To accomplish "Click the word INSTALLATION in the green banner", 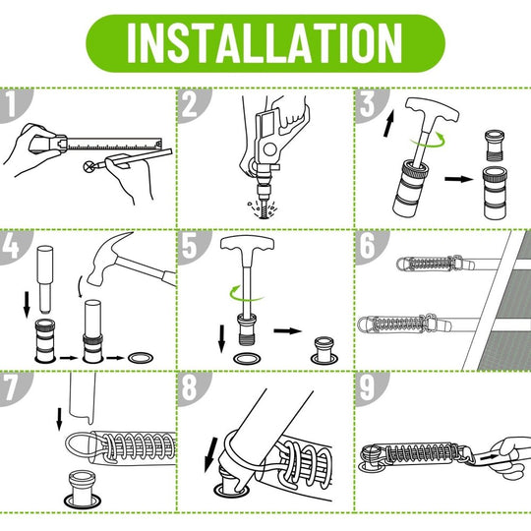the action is pyautogui.click(x=265, y=43).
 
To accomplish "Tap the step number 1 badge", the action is pyautogui.click(x=14, y=104).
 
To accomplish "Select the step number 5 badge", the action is pyautogui.click(x=192, y=246).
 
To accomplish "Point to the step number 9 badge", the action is pyautogui.click(x=369, y=388).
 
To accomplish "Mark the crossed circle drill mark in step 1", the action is pyautogui.click(x=88, y=166).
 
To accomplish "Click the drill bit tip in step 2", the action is pyautogui.click(x=265, y=214).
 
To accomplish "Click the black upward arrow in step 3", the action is pyautogui.click(x=388, y=123).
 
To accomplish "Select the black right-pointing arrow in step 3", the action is pyautogui.click(x=459, y=178).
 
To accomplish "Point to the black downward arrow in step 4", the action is pyautogui.click(x=27, y=305).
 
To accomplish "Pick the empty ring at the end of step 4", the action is pyautogui.click(x=141, y=358).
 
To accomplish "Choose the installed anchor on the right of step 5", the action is pyautogui.click(x=324, y=350).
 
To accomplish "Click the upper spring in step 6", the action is pyautogui.click(x=430, y=264).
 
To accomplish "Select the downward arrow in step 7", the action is pyautogui.click(x=59, y=419).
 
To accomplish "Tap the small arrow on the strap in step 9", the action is pyautogui.click(x=489, y=457).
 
